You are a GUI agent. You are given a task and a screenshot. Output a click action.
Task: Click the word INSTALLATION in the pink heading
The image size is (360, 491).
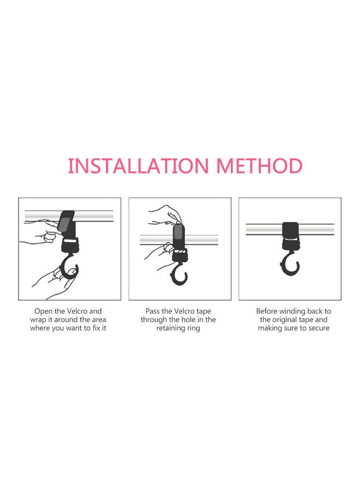(140, 165)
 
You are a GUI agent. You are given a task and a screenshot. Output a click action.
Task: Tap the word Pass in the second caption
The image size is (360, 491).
(153, 311)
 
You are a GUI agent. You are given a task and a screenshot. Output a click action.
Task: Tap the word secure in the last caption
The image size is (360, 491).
(318, 328)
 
